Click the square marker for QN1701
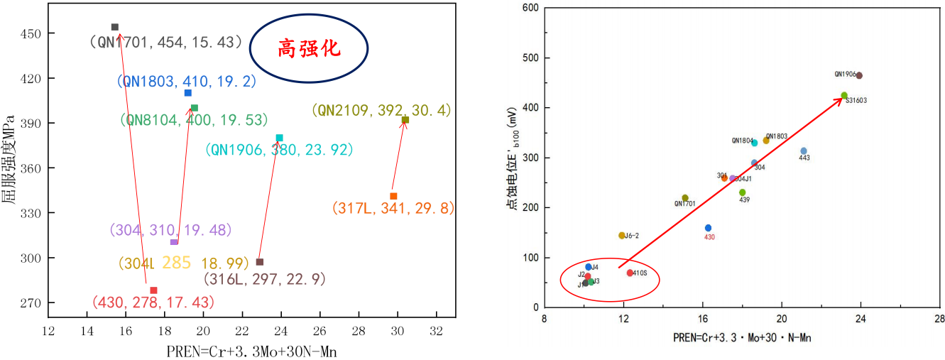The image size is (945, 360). click(115, 27)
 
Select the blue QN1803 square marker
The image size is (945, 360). click(187, 93)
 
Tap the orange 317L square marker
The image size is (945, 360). click(393, 196)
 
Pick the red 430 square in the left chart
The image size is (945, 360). click(153, 290)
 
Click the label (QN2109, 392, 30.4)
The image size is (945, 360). click(381, 111)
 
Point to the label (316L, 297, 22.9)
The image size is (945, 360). click(267, 278)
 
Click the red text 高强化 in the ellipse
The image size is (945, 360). click(309, 48)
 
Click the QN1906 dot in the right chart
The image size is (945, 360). click(859, 75)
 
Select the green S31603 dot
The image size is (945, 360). click(844, 95)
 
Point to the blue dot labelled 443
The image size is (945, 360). click(804, 151)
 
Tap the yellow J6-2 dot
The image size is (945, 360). click(622, 236)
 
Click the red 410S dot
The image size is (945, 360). click(630, 273)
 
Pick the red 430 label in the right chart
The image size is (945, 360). click(709, 237)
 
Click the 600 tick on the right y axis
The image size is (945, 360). click(530, 9)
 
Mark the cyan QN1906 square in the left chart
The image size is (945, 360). click(279, 138)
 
